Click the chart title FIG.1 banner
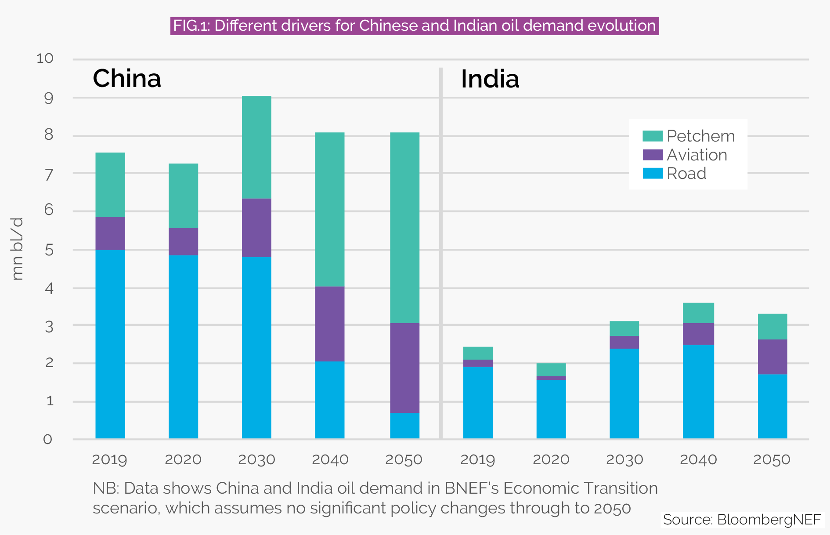[x=414, y=26]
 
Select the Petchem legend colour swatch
[x=652, y=136]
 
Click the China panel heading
[x=127, y=79]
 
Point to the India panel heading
[x=490, y=80]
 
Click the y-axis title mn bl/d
[x=17, y=249]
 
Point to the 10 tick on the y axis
[x=45, y=58]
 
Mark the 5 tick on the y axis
[x=49, y=250]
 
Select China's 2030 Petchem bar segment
[x=256, y=147]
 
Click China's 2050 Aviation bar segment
[x=404, y=368]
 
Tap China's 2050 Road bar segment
[x=404, y=426]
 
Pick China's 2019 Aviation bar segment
[x=110, y=233]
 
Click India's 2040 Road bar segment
[x=698, y=392]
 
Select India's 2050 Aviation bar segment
[x=772, y=357]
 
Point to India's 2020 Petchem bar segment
[x=551, y=370]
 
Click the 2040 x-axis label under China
[x=330, y=460]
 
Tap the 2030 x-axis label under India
[x=624, y=460]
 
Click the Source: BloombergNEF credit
[x=742, y=520]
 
